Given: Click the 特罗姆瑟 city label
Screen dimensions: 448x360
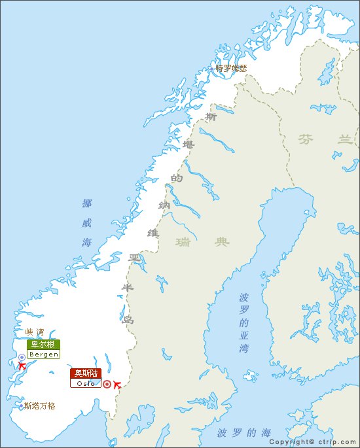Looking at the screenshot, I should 232,68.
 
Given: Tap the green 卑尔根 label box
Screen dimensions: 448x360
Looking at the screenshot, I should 43,344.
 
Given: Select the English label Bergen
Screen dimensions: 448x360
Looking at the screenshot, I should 43,354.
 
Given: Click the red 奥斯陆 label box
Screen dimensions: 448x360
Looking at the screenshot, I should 86,373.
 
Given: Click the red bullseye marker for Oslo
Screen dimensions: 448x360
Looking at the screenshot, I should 107,385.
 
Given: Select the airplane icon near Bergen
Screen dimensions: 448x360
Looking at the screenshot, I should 22,366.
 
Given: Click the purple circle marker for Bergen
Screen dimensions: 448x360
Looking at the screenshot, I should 22,357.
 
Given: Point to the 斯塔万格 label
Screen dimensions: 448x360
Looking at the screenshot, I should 39,405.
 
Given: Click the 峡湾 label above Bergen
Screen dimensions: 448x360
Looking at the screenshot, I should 34,332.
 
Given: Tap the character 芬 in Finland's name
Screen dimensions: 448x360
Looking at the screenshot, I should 305,139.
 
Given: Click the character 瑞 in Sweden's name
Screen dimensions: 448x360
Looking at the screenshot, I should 183,242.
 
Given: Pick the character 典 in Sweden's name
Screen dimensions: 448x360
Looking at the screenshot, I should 223,242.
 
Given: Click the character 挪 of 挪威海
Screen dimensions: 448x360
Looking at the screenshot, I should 87,203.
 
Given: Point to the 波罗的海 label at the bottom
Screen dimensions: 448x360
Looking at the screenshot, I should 243,433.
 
